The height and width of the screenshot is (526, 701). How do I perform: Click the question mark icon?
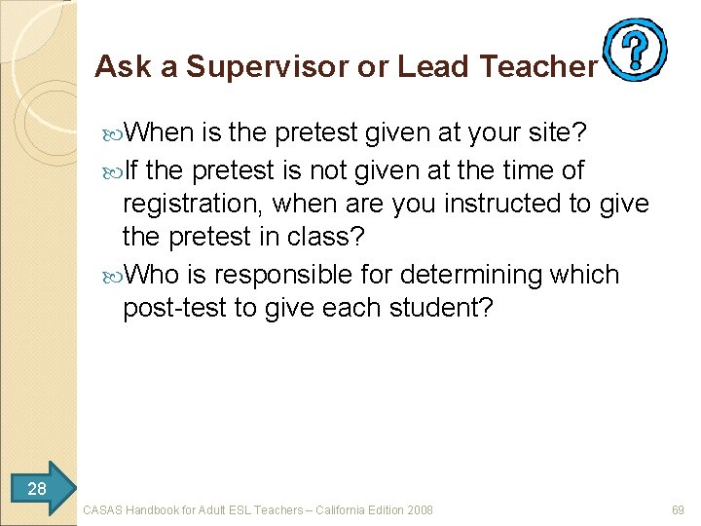[x=635, y=48]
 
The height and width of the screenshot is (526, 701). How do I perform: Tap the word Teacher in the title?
[x=536, y=66]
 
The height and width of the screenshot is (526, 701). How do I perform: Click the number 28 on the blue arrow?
[x=37, y=488]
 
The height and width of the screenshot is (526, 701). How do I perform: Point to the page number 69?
[x=679, y=509]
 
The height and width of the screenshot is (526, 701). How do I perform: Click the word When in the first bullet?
[x=160, y=131]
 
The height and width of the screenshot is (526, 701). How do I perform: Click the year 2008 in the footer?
[x=420, y=509]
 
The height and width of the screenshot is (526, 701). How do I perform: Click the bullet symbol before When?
[x=113, y=132]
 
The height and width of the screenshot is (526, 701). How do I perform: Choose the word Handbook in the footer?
[x=157, y=509]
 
